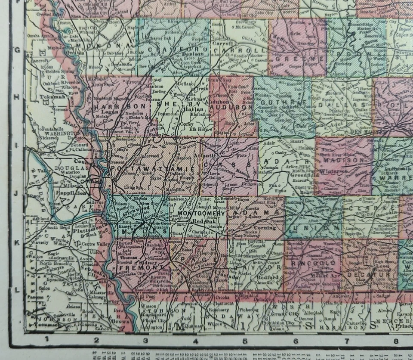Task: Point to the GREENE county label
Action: tap(297, 59)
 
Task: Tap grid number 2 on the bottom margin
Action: tap(96, 340)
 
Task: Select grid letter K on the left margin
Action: tap(17, 242)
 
